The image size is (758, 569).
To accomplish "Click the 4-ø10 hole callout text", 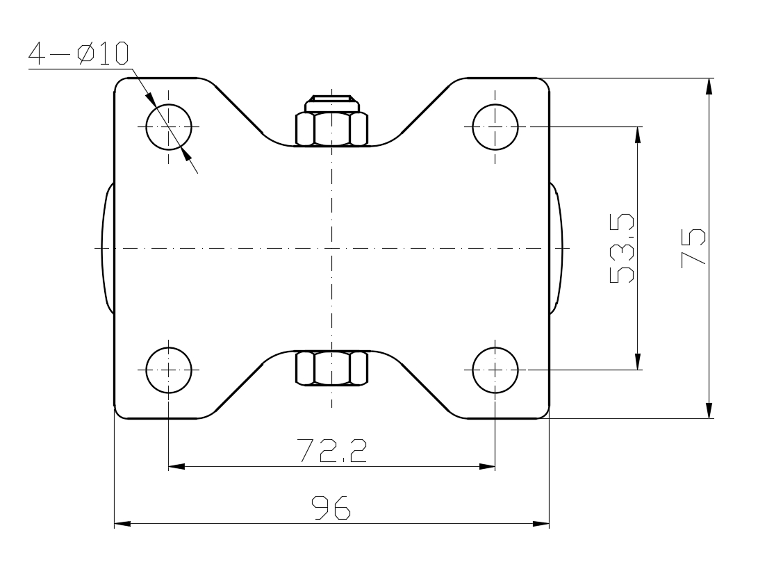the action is [x=79, y=53].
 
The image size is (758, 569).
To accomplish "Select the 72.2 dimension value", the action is [x=331, y=450].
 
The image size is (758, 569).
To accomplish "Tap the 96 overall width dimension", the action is [x=331, y=507].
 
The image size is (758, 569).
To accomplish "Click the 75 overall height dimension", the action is [x=693, y=248].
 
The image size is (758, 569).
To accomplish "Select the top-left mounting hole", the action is [x=169, y=126].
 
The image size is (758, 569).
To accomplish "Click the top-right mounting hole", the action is [x=495, y=126].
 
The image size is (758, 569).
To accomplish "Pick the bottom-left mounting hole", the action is [x=169, y=370].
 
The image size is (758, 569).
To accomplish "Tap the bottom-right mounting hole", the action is [x=495, y=370].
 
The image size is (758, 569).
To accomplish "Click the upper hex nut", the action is [x=331, y=129].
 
